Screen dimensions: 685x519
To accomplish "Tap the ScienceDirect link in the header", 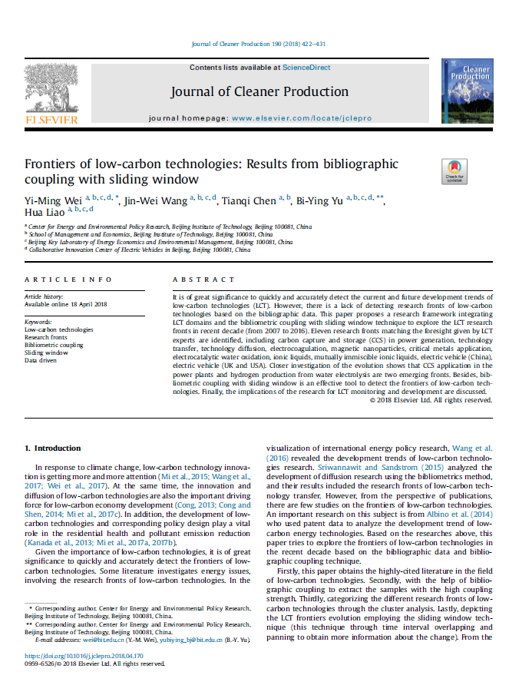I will pos(306,68).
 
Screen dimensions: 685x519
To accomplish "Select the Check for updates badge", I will pos(454,170).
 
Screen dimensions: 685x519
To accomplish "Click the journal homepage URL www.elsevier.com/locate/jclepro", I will pos(292,119).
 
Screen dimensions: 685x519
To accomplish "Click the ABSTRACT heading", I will pos(203,280).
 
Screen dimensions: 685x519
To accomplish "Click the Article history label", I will pos(45,296).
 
